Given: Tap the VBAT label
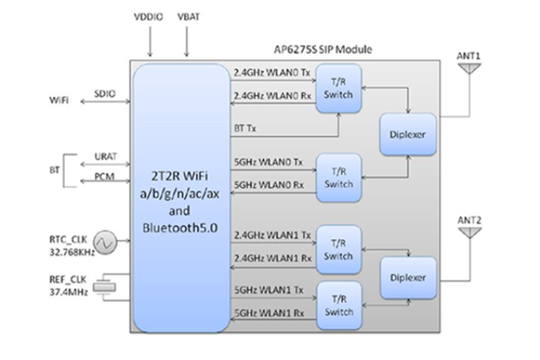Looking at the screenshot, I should [189, 15].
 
